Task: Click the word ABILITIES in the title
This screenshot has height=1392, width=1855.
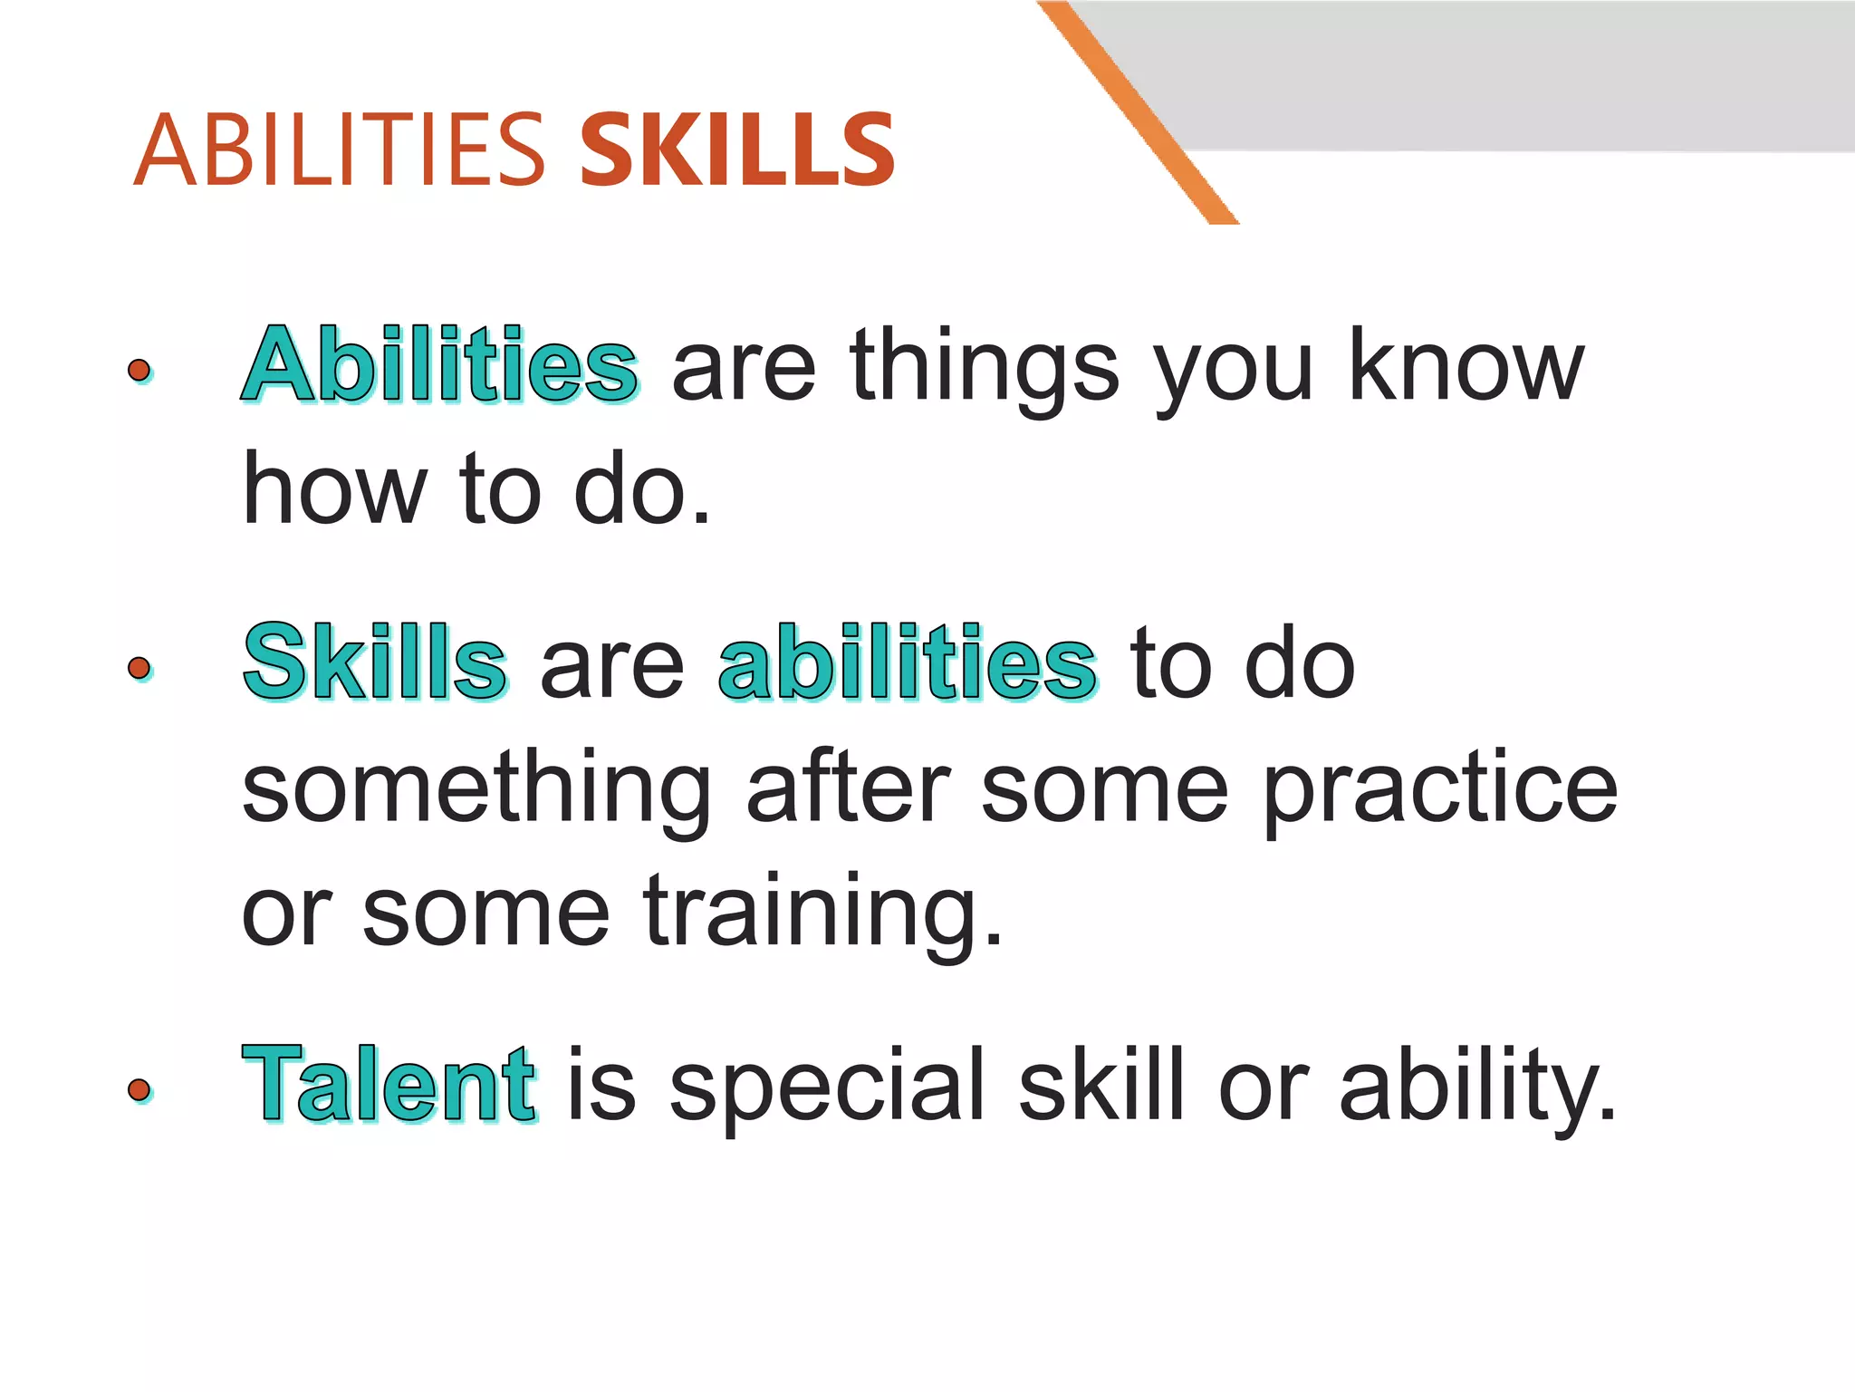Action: pos(340,150)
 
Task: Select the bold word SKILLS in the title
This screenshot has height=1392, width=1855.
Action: pos(737,150)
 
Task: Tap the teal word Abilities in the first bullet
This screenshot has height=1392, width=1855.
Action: pos(440,365)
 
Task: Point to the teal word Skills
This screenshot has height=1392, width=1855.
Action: pos(374,662)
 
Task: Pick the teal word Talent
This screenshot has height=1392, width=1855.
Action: pos(389,1084)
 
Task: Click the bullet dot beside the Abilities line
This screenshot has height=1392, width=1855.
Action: pos(139,370)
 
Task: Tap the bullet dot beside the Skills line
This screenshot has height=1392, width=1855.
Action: pos(139,668)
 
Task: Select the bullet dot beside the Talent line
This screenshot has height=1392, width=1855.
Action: pos(139,1089)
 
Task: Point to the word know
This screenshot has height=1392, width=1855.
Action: pos(1466,365)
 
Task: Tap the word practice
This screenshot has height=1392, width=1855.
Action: pos(1440,788)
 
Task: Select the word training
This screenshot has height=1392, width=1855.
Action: pos(823,911)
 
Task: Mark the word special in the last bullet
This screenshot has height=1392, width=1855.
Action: pos(827,1086)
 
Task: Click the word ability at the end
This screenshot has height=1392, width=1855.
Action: pos(1477,1086)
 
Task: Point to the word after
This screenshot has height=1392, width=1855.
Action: pos(848,787)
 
